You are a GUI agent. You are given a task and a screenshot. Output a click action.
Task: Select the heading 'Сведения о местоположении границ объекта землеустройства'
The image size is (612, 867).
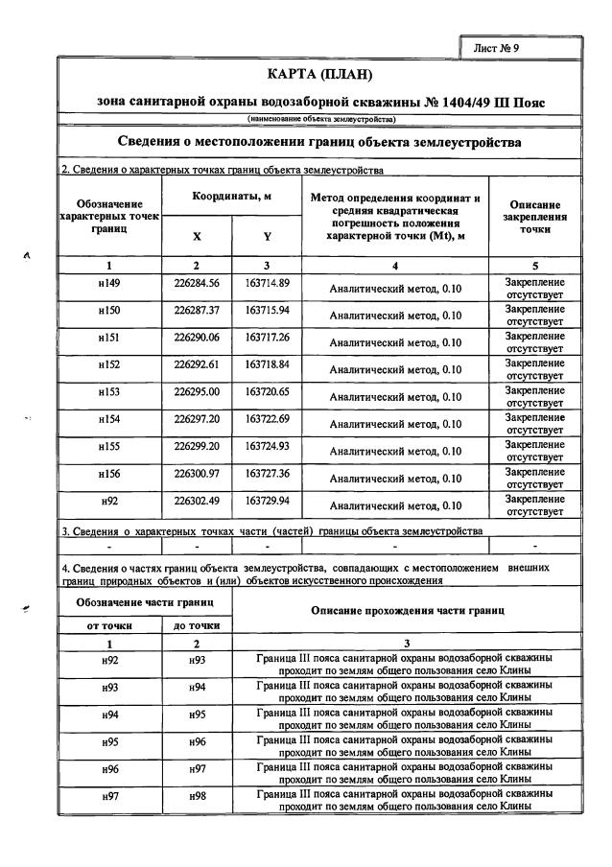(x=319, y=142)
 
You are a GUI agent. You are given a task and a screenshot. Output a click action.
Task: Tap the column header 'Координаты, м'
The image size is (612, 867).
(x=232, y=195)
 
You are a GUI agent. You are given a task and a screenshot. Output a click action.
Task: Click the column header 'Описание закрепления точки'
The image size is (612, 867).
(x=534, y=217)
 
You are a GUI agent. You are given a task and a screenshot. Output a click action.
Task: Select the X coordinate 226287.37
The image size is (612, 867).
(x=197, y=312)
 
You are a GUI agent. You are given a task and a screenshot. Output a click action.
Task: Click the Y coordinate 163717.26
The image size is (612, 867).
(x=267, y=339)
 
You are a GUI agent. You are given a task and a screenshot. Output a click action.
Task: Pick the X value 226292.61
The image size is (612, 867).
(x=197, y=365)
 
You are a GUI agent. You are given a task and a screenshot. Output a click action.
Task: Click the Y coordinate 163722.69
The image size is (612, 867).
(x=267, y=419)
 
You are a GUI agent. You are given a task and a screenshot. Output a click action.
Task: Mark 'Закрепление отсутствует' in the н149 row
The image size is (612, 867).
(x=534, y=288)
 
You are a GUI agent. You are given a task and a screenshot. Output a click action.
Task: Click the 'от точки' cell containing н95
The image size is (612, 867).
(x=108, y=743)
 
